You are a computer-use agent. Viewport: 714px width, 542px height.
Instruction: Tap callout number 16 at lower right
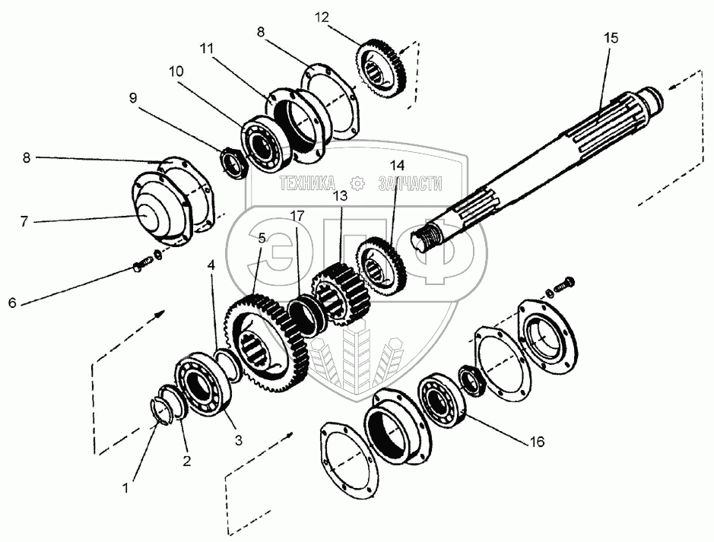(x=537, y=440)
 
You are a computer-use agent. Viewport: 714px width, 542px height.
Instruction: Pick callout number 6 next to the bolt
(x=11, y=303)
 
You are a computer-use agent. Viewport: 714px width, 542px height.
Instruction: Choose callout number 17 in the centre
(x=297, y=215)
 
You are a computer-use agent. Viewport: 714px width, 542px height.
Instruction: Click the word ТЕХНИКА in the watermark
(x=307, y=183)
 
